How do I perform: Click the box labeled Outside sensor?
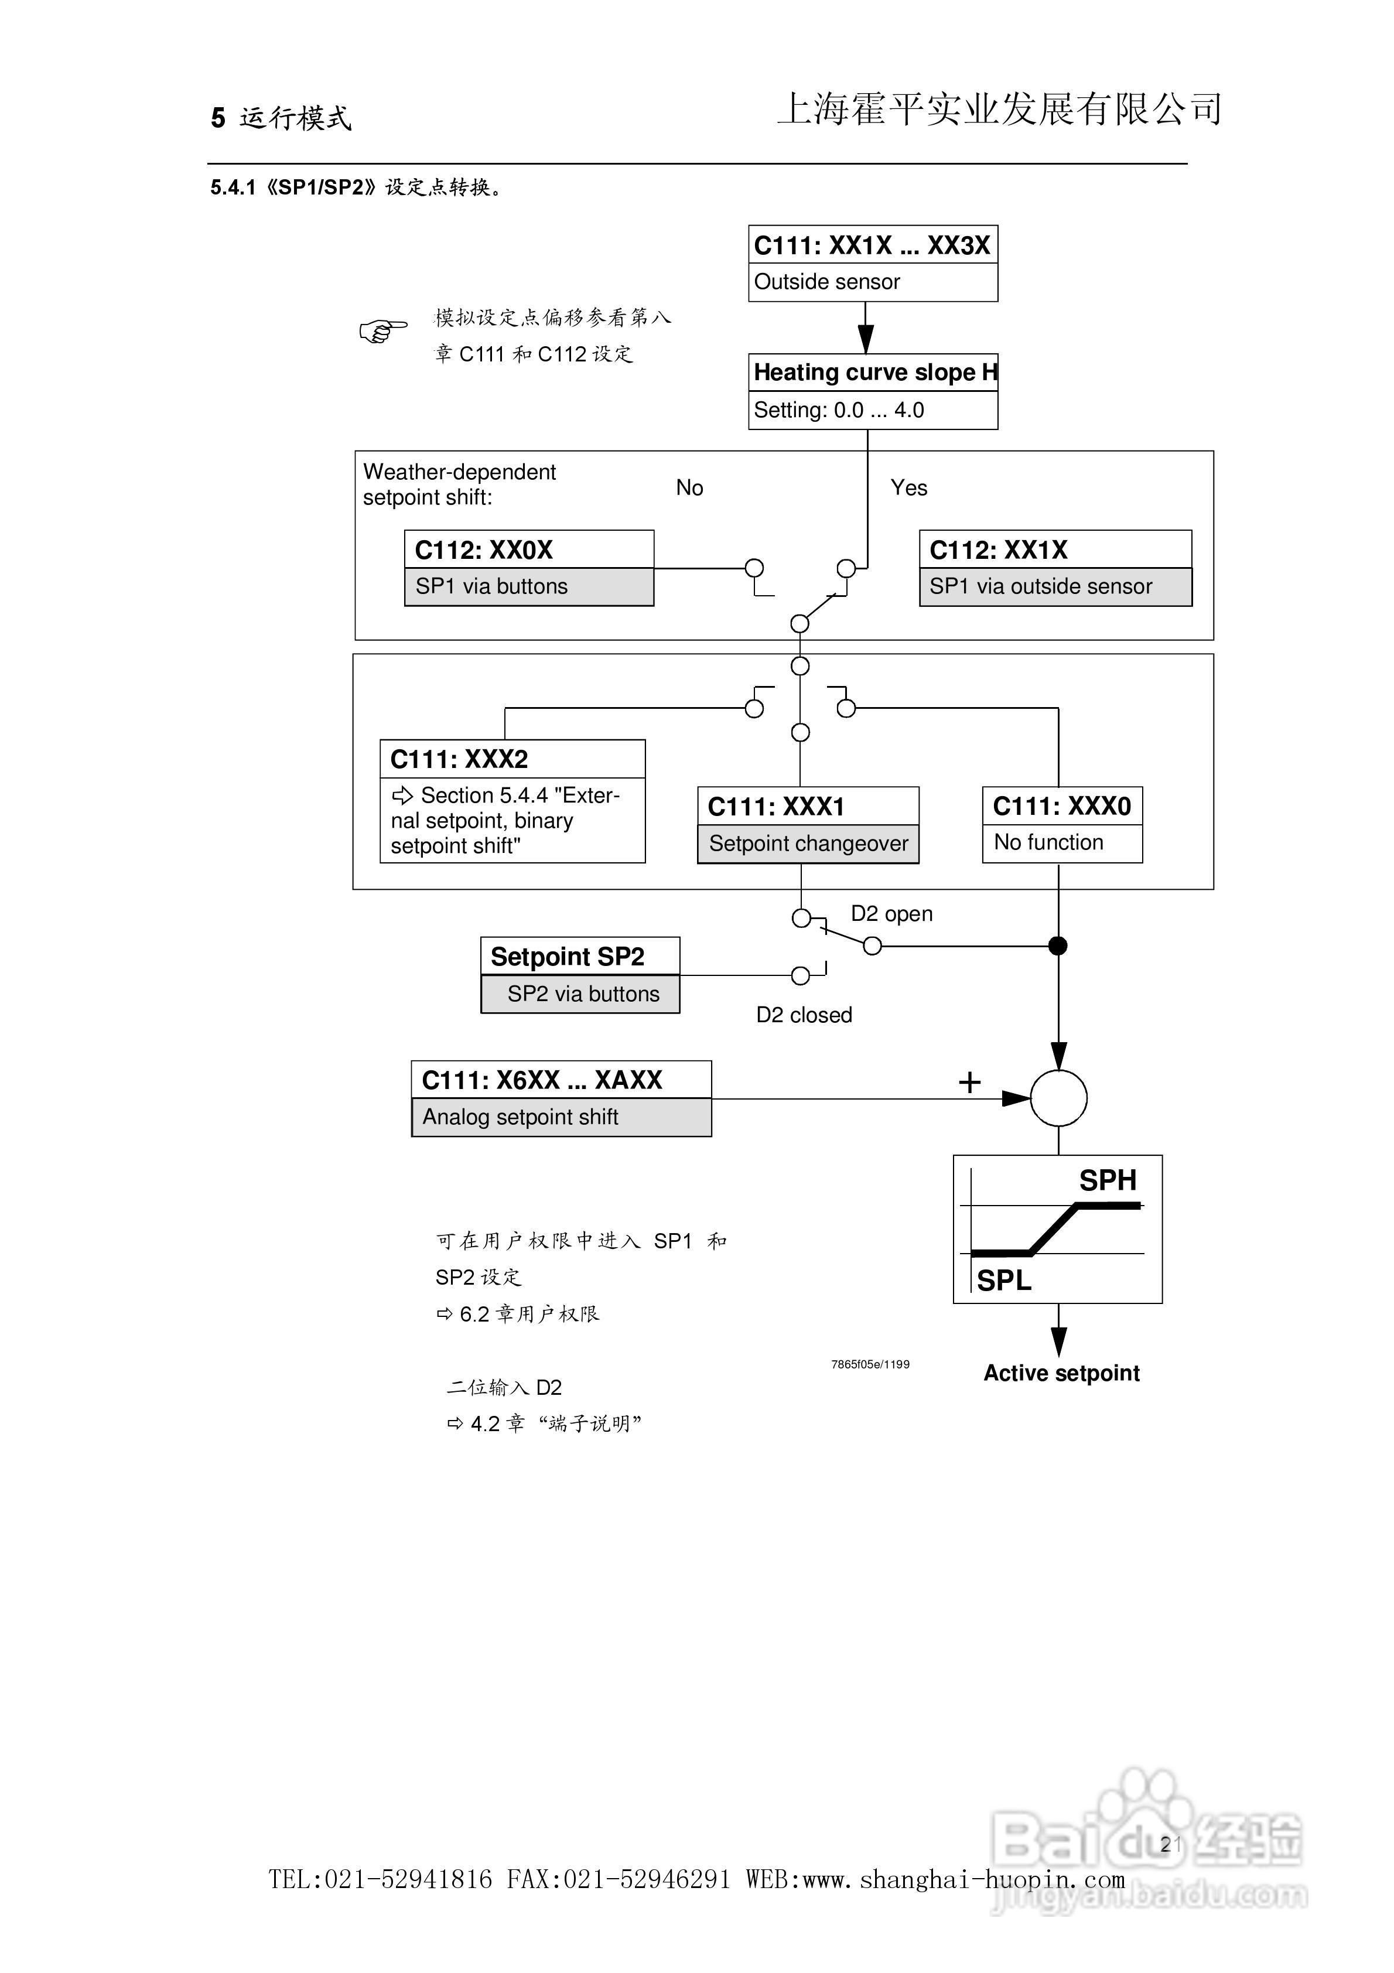click(872, 282)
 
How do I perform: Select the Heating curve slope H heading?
click(872, 372)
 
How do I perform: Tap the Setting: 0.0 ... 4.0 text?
click(839, 410)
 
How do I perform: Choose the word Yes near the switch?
click(908, 488)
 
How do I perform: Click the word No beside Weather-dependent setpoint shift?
click(689, 488)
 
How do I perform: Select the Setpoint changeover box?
click(808, 844)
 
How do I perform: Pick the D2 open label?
click(891, 913)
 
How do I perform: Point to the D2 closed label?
click(804, 1015)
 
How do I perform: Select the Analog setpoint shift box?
click(561, 1117)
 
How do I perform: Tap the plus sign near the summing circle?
click(969, 1082)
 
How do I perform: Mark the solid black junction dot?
click(1058, 946)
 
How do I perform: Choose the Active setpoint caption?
click(1061, 1373)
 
